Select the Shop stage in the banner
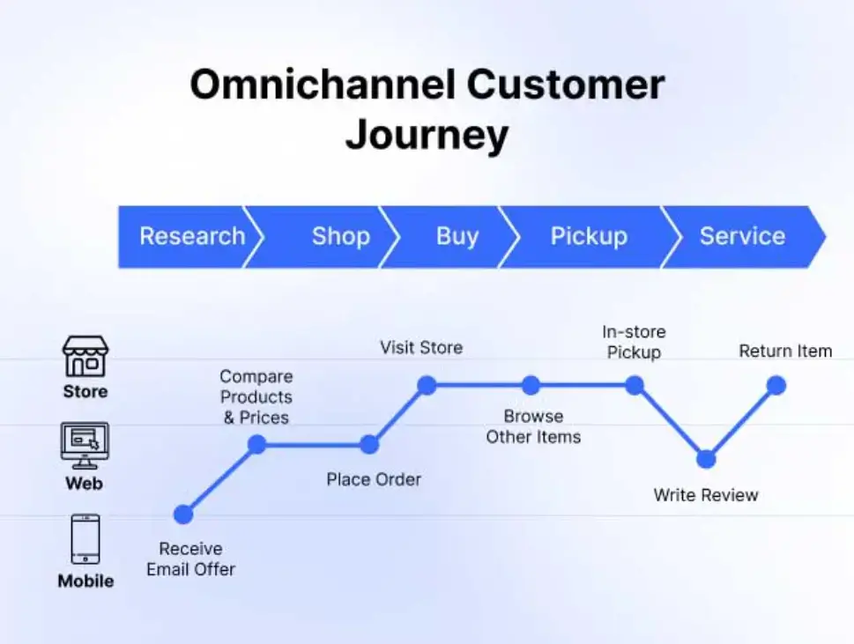[340, 236]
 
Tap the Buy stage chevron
[457, 236]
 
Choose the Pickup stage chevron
[589, 236]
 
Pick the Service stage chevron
[742, 236]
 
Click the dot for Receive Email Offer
[183, 514]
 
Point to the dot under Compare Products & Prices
[256, 445]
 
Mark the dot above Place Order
[369, 445]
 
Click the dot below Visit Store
[427, 385]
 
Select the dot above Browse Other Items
[531, 385]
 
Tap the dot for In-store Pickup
[635, 385]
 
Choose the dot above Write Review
[706, 459]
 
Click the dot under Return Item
[776, 385]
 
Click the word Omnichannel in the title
[322, 85]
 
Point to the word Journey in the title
[427, 136]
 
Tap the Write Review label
[706, 495]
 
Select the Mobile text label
[85, 581]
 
